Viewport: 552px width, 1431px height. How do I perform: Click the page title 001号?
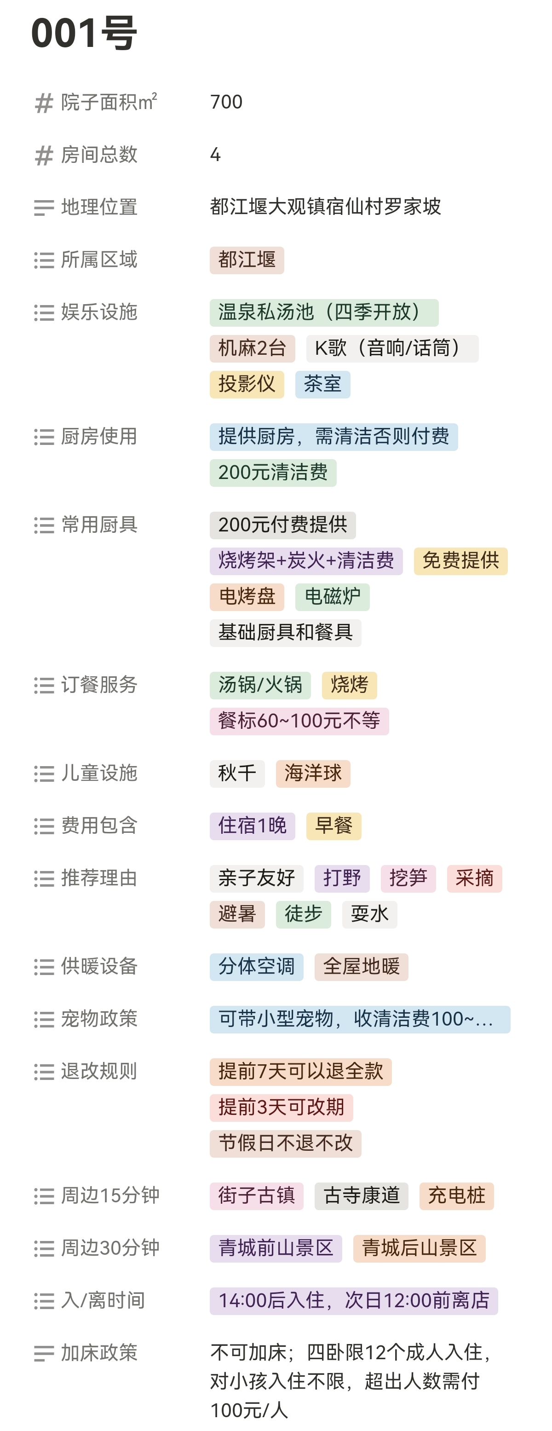pyautogui.click(x=84, y=33)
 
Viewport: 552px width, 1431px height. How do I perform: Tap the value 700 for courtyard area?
pyautogui.click(x=226, y=102)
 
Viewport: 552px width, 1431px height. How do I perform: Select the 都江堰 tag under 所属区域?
pyautogui.click(x=247, y=260)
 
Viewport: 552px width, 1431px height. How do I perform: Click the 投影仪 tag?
pyautogui.click(x=247, y=384)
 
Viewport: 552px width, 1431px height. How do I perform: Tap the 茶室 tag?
pyautogui.click(x=322, y=384)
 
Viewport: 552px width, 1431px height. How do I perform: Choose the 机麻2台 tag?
pyautogui.click(x=252, y=349)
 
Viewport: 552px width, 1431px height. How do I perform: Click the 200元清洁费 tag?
pyautogui.click(x=273, y=473)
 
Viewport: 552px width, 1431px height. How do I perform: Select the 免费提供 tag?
pyautogui.click(x=460, y=561)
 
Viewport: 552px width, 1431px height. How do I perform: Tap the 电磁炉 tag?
pyautogui.click(x=332, y=597)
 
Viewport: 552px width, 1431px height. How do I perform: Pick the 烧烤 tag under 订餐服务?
pyautogui.click(x=349, y=685)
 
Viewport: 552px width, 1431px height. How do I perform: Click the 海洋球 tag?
pyautogui.click(x=313, y=774)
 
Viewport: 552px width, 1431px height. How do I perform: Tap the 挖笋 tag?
pyautogui.click(x=408, y=879)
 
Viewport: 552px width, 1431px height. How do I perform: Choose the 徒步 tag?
pyautogui.click(x=303, y=914)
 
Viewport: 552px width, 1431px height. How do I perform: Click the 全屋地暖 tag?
pyautogui.click(x=361, y=967)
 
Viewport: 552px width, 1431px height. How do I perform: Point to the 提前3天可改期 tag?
pyautogui.click(x=281, y=1108)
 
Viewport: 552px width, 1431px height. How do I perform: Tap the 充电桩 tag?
pyautogui.click(x=456, y=1196)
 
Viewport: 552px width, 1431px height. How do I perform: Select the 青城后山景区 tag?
pyautogui.click(x=419, y=1249)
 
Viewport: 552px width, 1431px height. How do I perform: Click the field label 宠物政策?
pyautogui.click(x=99, y=1019)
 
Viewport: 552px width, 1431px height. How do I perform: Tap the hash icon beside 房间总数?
pyautogui.click(x=44, y=156)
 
